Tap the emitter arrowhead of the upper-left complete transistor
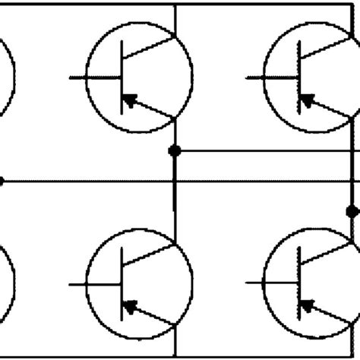131,99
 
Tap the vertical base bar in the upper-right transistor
300,76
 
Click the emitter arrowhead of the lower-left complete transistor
131,307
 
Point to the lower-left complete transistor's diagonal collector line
150,253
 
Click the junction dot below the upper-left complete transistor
175,150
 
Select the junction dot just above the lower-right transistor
352,210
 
